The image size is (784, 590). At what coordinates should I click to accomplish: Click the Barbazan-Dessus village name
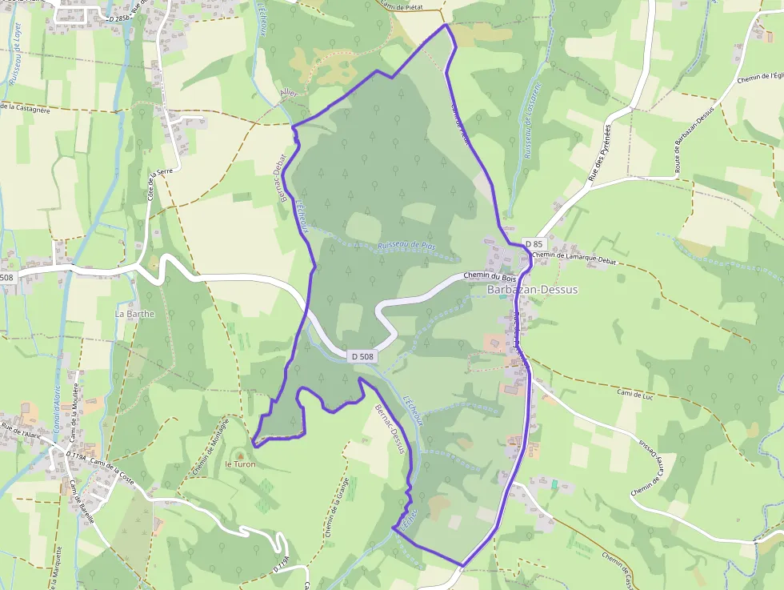pyautogui.click(x=531, y=290)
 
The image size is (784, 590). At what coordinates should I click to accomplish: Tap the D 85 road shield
pyautogui.click(x=534, y=243)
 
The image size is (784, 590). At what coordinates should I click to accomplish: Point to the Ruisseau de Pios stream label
pyautogui.click(x=406, y=246)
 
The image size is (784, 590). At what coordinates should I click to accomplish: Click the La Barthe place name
pyautogui.click(x=134, y=314)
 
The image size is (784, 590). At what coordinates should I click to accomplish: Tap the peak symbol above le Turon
pyautogui.click(x=238, y=453)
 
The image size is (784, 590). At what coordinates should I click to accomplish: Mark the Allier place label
pyautogui.click(x=289, y=94)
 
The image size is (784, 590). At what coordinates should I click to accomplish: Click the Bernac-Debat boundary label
pyautogui.click(x=281, y=168)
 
